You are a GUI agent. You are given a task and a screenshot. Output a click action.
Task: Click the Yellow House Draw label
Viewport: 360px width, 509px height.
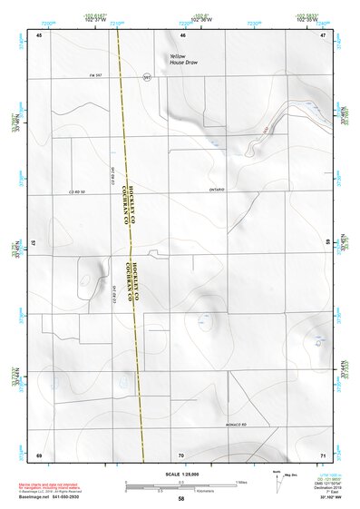[x=182, y=59]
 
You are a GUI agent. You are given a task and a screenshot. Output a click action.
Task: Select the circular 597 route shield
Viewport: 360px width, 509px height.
[x=146, y=77]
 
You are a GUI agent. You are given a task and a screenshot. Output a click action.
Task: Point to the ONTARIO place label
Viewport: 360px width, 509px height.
[x=215, y=189]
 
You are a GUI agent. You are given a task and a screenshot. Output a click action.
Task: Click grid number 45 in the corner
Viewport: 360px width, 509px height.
[x=39, y=34]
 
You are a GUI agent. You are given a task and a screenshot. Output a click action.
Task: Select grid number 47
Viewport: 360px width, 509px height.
[x=322, y=34]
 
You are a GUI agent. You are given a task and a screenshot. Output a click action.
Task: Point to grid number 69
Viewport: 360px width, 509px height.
[x=38, y=455]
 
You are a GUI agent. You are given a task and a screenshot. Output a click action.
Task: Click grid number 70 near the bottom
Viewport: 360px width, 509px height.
[x=181, y=455]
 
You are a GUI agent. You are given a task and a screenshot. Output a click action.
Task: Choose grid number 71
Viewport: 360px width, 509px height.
[x=322, y=455]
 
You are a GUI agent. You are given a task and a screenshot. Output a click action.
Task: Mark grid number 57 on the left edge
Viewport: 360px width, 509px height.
[x=34, y=244]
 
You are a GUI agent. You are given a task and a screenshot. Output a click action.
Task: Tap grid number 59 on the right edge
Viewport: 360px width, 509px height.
[x=327, y=244]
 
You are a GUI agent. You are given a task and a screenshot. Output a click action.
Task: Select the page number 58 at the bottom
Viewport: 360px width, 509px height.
[x=180, y=499]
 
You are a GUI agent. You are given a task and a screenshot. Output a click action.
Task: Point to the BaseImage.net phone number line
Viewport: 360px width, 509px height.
[x=50, y=499]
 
